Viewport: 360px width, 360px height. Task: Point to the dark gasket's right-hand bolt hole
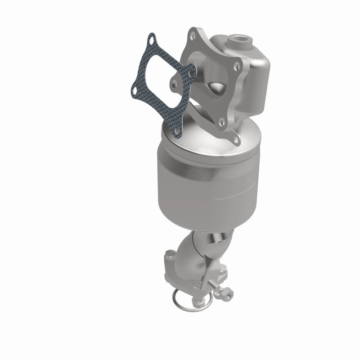(x=193, y=70)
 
